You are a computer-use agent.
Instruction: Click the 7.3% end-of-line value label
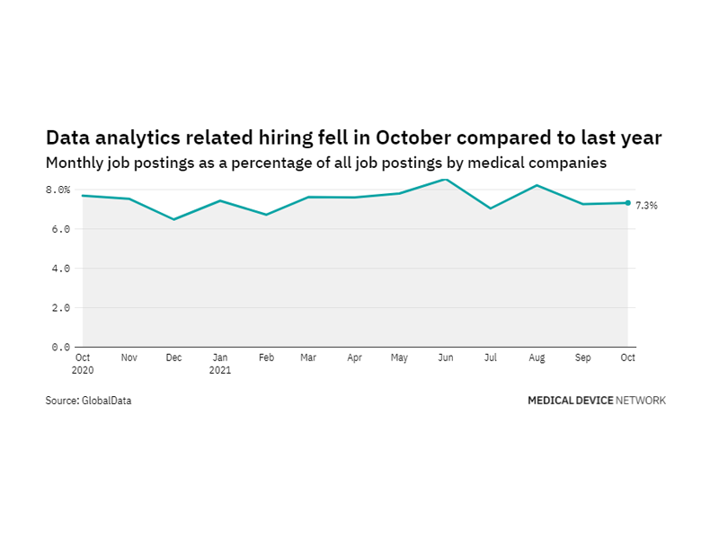click(646, 206)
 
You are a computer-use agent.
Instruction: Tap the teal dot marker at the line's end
click(628, 203)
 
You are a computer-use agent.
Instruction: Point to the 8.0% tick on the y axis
click(58, 190)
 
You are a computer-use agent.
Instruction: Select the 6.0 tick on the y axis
click(60, 229)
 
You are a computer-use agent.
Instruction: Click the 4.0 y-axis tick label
click(60, 269)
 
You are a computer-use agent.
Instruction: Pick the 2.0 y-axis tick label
click(60, 308)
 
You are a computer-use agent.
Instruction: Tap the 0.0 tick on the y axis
click(60, 347)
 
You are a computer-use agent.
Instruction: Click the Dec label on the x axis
click(174, 358)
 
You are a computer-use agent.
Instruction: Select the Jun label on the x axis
click(446, 358)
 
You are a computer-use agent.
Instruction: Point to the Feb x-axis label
click(266, 358)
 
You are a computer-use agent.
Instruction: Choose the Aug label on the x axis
click(537, 358)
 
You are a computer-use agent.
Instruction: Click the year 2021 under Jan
click(220, 370)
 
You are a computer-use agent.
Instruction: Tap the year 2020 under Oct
click(83, 370)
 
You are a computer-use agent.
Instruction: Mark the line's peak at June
click(446, 179)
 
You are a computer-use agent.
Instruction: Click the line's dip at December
click(174, 219)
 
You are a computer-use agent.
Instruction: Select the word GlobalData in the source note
click(107, 401)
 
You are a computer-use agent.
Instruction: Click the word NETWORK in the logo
click(642, 401)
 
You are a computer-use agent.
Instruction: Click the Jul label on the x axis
click(491, 358)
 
